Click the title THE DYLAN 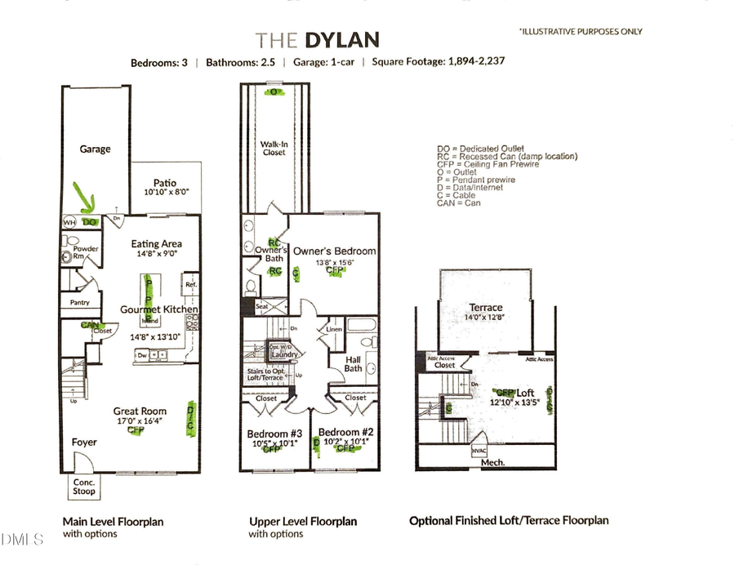tap(316, 39)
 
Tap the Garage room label tap(95, 149)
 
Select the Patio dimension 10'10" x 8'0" tap(160, 193)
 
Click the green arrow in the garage tap(83, 197)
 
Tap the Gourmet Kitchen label tap(158, 309)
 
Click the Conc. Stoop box tap(83, 487)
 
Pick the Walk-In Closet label tap(274, 148)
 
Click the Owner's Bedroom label tap(335, 251)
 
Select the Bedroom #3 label tap(275, 433)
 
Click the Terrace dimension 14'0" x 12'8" tap(486, 318)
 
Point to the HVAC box tap(479, 450)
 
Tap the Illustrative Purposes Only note tap(581, 32)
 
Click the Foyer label tap(83, 442)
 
